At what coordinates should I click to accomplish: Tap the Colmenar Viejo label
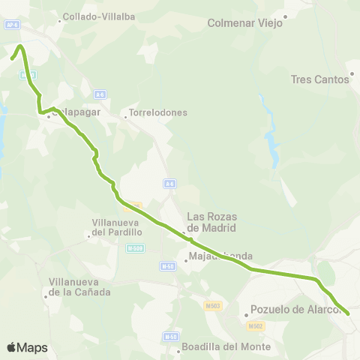(244, 22)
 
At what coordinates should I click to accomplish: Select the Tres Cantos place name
(320, 79)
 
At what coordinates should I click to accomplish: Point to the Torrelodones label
(158, 113)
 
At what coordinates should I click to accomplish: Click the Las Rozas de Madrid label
(211, 223)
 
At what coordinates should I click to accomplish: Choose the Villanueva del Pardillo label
(116, 227)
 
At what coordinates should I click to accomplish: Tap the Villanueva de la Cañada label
(79, 286)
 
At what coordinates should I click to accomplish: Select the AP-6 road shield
(11, 24)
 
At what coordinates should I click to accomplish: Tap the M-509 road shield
(134, 248)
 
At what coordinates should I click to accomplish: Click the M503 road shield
(213, 305)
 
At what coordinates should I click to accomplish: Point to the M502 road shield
(256, 325)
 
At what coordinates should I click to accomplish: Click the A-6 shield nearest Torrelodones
(100, 94)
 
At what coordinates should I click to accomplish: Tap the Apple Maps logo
(27, 347)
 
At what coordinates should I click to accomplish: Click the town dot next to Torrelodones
(125, 117)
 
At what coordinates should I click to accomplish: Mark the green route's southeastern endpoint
(348, 313)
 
